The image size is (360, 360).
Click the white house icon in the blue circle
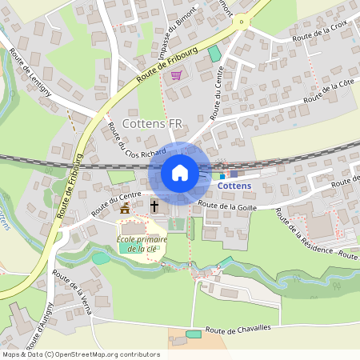[180, 173]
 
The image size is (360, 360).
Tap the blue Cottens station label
[234, 186]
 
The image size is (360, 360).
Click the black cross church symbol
[155, 206]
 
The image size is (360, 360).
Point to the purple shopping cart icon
[176, 75]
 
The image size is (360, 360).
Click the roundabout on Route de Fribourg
[240, 22]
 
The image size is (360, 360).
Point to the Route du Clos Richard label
[137, 139]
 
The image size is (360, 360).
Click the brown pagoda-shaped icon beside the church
[125, 208]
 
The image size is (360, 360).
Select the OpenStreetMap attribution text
[80, 354]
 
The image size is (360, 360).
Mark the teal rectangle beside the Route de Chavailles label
[193, 334]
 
